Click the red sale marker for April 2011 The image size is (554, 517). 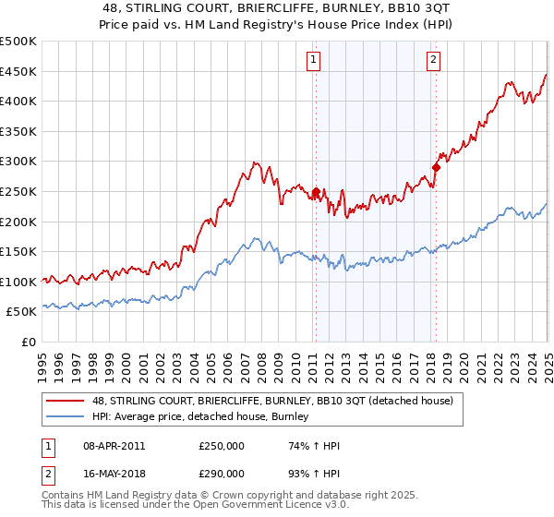coord(316,193)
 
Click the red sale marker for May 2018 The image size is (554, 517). coord(436,168)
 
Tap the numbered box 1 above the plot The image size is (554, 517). coord(314,61)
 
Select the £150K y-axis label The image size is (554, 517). coord(18,251)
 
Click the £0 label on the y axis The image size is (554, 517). coord(29,342)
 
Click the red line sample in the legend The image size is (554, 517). coord(66,401)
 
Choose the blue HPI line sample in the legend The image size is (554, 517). coord(66,417)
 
